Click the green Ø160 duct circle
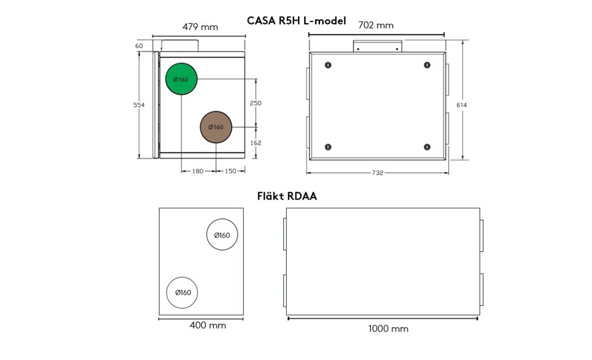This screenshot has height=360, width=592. point(182,79)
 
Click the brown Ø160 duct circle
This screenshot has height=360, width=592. point(216,127)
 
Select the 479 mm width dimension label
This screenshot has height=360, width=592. point(200,27)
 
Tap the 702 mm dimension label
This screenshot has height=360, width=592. point(376,25)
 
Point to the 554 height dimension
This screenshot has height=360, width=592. point(139,105)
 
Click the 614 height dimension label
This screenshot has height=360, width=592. point(461,105)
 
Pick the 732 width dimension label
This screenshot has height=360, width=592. point(378,173)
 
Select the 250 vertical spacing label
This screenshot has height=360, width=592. point(256,103)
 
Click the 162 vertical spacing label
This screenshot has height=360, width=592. point(256,143)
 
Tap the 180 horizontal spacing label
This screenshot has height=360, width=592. point(198,171)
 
